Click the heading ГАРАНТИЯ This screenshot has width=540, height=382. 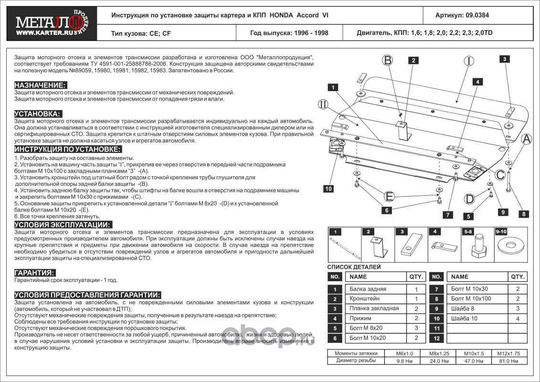(x=35, y=272)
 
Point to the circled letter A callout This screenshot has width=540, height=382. (x=526, y=139)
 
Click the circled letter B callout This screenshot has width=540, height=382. (x=388, y=60)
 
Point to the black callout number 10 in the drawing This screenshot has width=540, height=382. (x=328, y=189)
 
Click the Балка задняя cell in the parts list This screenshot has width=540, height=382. (x=368, y=289)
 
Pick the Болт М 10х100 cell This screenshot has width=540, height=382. (x=471, y=298)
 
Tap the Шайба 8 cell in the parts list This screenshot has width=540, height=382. (x=463, y=308)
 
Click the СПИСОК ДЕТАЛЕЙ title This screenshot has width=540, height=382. (x=354, y=267)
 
